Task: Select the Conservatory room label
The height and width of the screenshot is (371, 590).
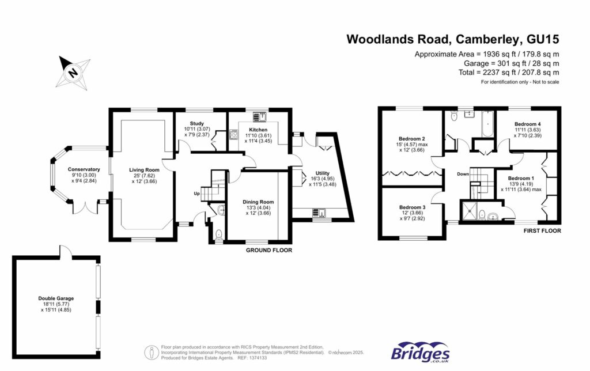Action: pyautogui.click(x=84, y=169)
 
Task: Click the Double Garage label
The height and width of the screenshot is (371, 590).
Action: pyautogui.click(x=56, y=298)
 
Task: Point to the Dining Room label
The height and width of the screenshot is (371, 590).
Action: pyautogui.click(x=258, y=202)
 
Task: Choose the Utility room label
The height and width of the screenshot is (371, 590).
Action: pyautogui.click(x=323, y=173)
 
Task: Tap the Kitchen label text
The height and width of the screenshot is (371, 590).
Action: pyautogui.click(x=258, y=130)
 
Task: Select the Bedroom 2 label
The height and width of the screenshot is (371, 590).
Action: pyautogui.click(x=411, y=139)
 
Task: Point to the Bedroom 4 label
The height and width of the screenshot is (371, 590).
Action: pyautogui.click(x=527, y=124)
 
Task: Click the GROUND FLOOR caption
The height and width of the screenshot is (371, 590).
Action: pyautogui.click(x=269, y=251)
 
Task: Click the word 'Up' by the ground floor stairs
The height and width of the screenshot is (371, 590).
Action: pyautogui.click(x=196, y=194)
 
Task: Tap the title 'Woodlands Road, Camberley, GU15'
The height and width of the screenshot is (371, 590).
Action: pyautogui.click(x=452, y=39)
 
